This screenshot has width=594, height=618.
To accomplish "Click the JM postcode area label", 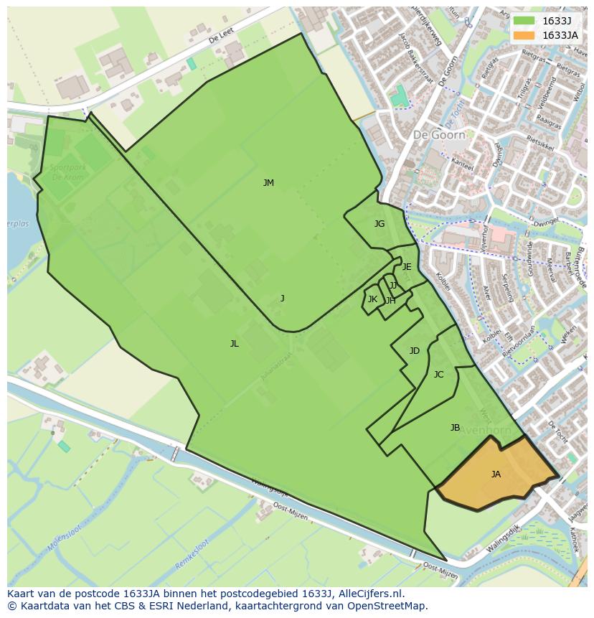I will (268, 183).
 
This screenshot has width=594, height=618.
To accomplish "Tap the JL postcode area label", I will (234, 344).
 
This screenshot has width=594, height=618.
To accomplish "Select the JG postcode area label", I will (379, 224).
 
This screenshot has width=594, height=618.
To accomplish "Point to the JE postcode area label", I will (407, 267).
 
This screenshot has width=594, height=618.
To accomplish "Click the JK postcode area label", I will (372, 299).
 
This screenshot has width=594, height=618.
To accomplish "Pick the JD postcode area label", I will (414, 351).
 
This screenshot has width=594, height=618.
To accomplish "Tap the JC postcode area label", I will (438, 375).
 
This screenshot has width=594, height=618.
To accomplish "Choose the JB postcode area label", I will (455, 428).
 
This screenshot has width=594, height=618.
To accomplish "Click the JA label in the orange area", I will (496, 474).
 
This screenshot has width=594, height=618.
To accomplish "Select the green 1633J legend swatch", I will (524, 20).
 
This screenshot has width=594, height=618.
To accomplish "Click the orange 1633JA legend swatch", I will (524, 34).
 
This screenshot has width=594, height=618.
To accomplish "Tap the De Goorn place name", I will (439, 134).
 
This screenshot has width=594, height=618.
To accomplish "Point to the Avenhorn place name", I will (484, 431).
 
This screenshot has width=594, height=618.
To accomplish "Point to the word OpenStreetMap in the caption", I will (389, 606).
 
